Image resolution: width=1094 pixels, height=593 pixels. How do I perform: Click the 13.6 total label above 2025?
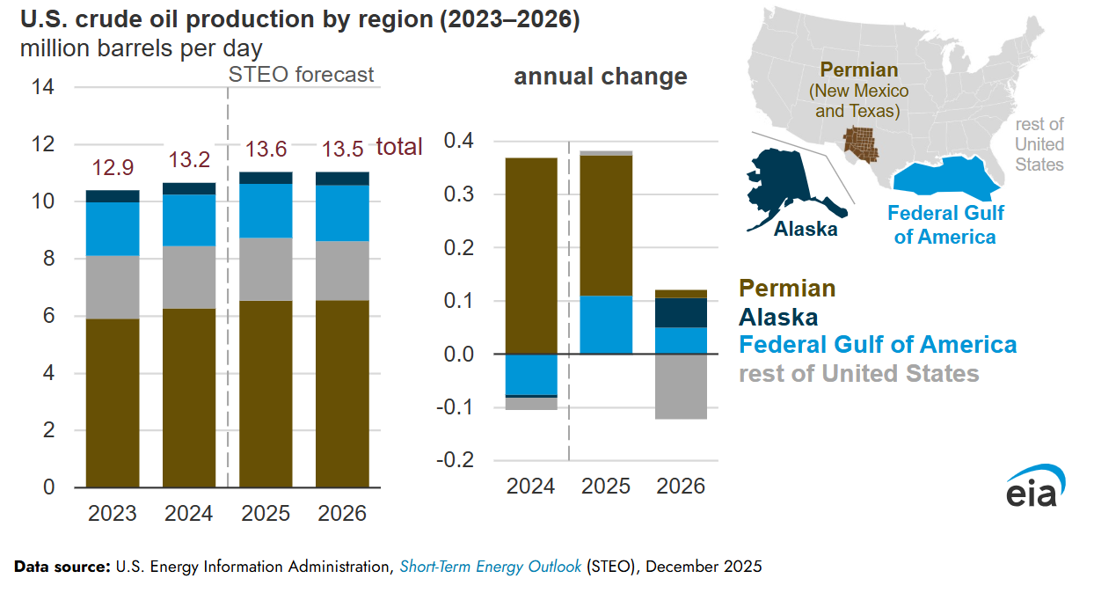point(266,150)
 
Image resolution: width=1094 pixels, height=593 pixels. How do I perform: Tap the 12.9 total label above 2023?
point(113,167)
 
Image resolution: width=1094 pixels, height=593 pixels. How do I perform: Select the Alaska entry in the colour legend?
point(778,317)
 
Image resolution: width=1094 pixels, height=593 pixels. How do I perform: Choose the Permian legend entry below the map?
point(787,288)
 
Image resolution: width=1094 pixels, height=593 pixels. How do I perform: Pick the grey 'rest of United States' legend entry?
point(858,374)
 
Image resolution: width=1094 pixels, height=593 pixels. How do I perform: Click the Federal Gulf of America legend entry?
point(878,345)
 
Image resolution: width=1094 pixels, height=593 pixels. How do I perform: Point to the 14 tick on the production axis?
point(43,87)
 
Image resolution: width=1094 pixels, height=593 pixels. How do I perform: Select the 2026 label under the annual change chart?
point(681,486)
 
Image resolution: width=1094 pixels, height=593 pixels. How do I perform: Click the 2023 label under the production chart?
point(113,513)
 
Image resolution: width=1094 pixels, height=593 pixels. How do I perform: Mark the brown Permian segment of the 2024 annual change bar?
point(531,255)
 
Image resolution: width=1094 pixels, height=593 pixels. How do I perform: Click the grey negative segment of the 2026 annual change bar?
point(682,386)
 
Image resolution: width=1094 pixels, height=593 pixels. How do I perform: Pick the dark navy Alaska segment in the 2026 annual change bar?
point(682,312)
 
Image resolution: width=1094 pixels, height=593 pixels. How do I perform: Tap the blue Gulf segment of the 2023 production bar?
point(113,229)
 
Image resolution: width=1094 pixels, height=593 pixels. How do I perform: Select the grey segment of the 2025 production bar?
point(266,269)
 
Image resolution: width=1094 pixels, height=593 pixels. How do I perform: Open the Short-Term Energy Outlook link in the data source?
point(490,567)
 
